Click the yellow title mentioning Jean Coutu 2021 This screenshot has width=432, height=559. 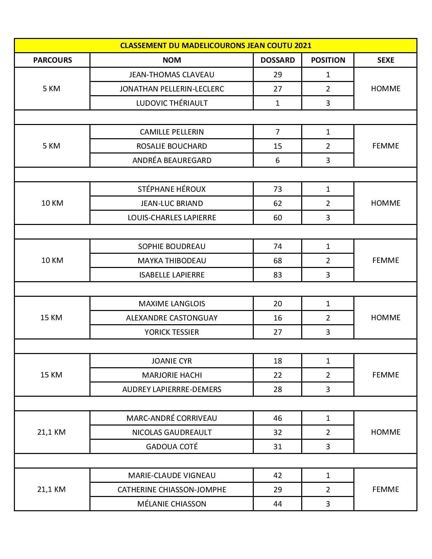215,45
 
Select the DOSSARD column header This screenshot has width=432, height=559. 277,60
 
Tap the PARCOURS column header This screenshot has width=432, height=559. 53,60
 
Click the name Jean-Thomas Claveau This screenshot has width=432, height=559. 172,75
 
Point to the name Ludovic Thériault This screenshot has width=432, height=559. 172,103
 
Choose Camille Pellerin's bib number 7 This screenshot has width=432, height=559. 277,132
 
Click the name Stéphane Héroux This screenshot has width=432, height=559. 172,189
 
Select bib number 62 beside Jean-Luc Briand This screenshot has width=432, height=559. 277,203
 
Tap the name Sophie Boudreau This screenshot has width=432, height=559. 172,246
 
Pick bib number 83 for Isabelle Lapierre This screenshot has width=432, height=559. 277,275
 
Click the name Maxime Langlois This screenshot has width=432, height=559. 172,304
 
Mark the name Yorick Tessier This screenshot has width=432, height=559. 172,332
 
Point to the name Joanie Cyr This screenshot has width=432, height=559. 172,361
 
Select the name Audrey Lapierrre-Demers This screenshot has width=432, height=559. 172,389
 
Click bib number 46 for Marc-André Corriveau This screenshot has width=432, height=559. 277,418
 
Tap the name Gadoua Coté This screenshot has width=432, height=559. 172,447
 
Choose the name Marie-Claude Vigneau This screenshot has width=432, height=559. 172,475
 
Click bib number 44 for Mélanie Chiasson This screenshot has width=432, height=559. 277,504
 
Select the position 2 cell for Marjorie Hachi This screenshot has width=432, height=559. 328,375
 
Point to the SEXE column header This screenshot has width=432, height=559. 386,60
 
